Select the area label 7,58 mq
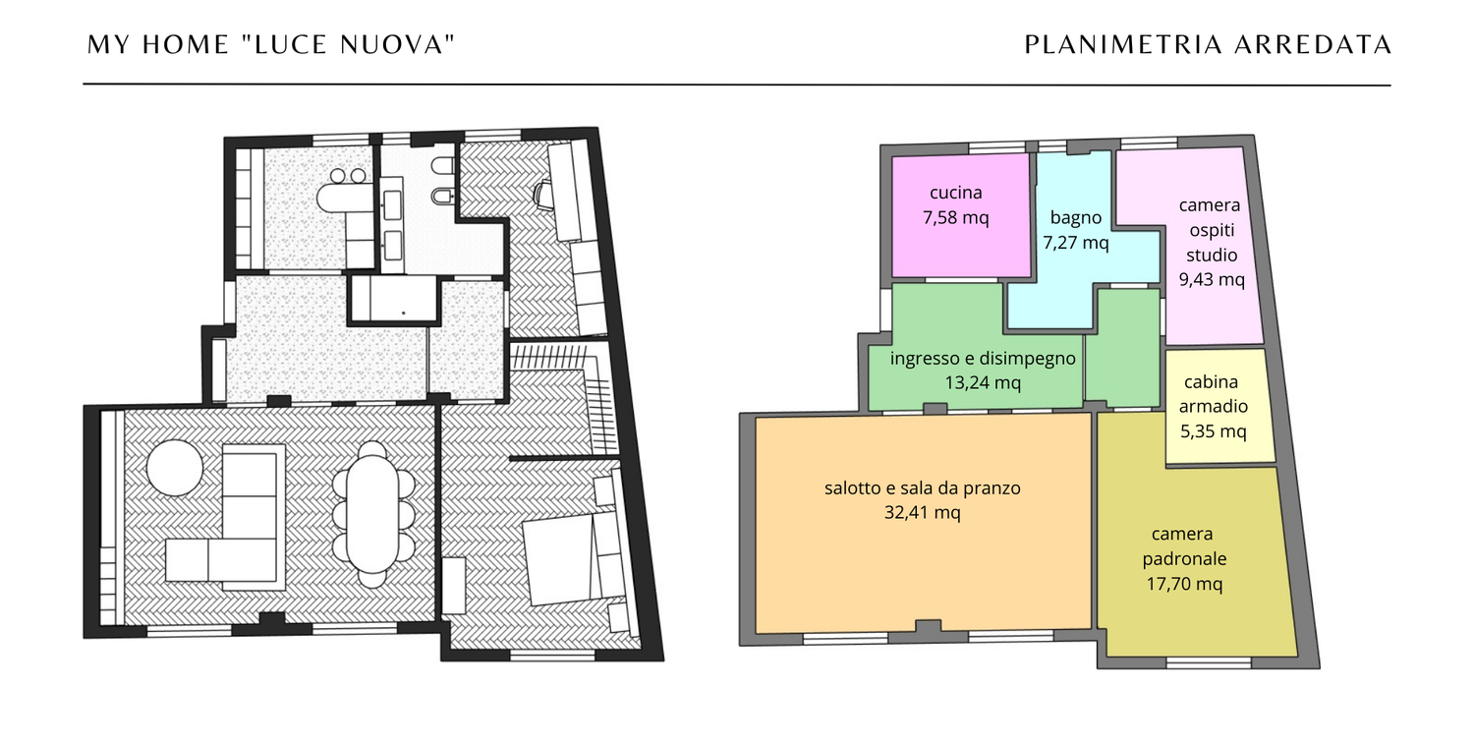[x=955, y=218]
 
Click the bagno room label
[x=1076, y=218]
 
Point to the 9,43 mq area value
[x=1212, y=280]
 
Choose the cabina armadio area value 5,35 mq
[x=1213, y=431]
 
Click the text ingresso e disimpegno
[x=983, y=359]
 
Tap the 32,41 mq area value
[x=922, y=512]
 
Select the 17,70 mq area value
[x=1184, y=584]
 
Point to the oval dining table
[x=372, y=514]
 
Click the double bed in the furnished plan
[x=573, y=558]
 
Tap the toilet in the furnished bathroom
[x=442, y=165]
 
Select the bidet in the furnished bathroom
[x=442, y=196]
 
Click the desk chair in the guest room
[x=542, y=195]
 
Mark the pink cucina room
[x=961, y=215]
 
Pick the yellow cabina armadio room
[x=1219, y=407]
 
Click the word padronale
[x=1184, y=558]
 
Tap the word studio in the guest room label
[x=1212, y=255]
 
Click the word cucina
[x=955, y=193]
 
